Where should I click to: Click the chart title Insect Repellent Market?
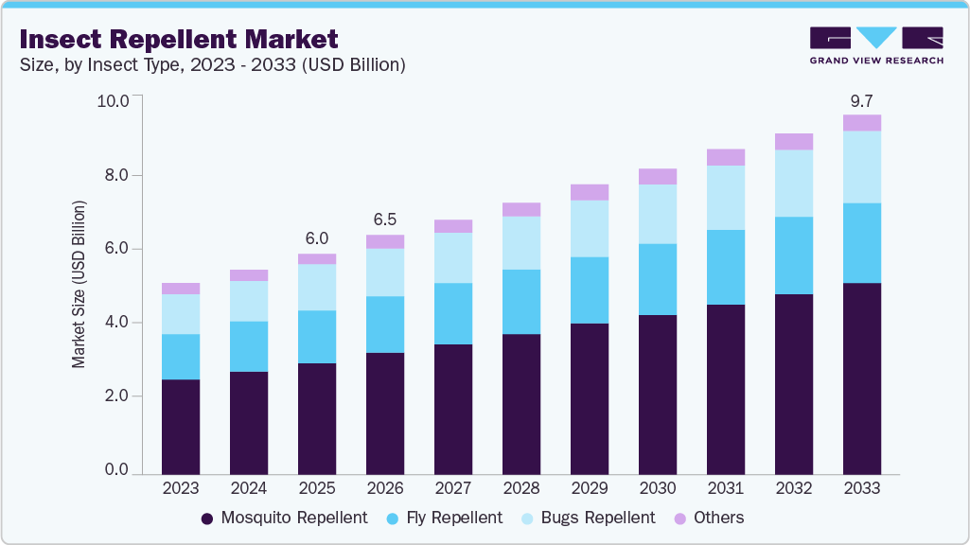coord(178,40)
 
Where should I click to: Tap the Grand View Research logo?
coord(875,45)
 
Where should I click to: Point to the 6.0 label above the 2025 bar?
coord(317,238)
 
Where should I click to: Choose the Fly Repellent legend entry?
coord(443,518)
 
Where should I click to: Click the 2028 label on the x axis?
coord(521,488)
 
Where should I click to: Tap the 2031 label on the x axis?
coord(726,488)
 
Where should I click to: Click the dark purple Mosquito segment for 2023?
coord(181,426)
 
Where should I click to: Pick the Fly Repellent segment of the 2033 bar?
coord(862,243)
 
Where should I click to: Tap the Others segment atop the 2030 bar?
coord(658,176)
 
